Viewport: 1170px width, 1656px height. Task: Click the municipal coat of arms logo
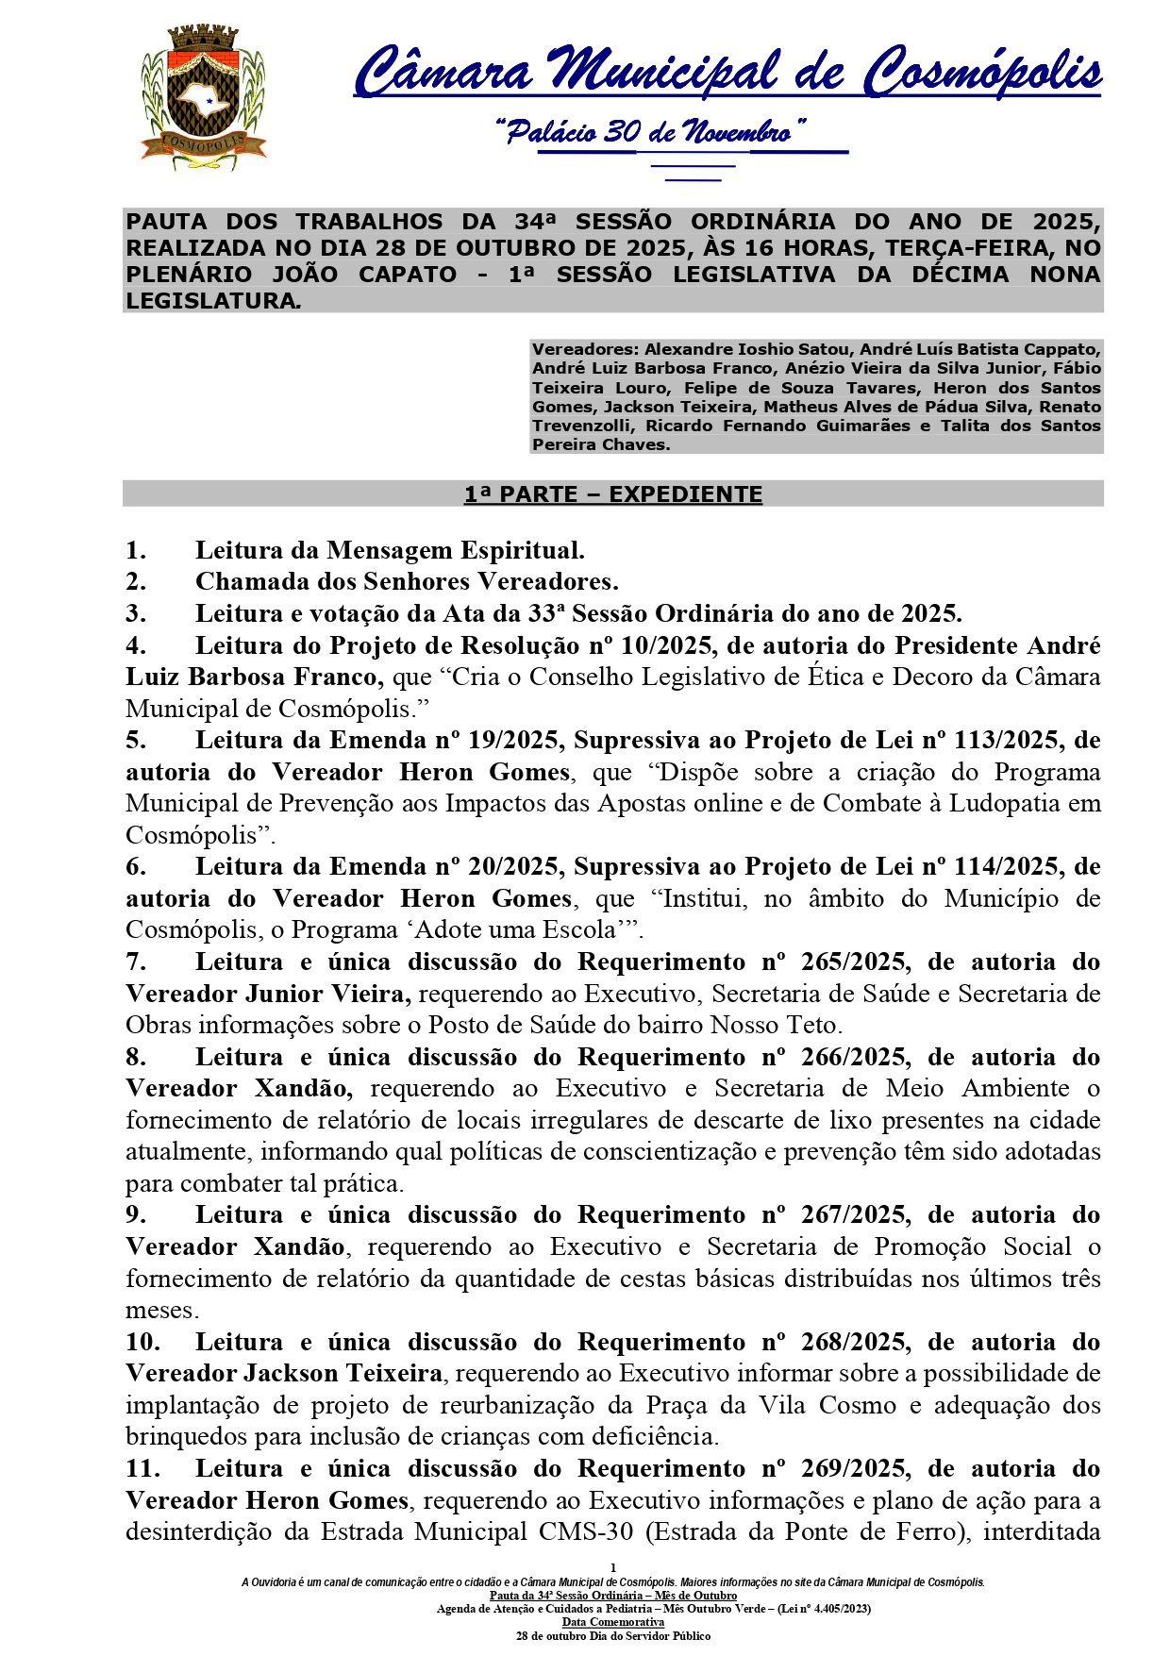pos(203,98)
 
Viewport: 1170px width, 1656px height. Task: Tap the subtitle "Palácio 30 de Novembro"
pos(651,131)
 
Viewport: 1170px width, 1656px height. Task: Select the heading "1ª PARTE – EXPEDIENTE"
pos(612,494)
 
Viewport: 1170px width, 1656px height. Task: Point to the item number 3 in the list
pos(136,614)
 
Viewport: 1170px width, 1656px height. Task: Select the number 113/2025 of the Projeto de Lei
pos(1002,741)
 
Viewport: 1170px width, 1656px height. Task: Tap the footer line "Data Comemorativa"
pos(612,1622)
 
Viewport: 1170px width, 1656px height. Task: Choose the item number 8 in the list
pos(136,1058)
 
